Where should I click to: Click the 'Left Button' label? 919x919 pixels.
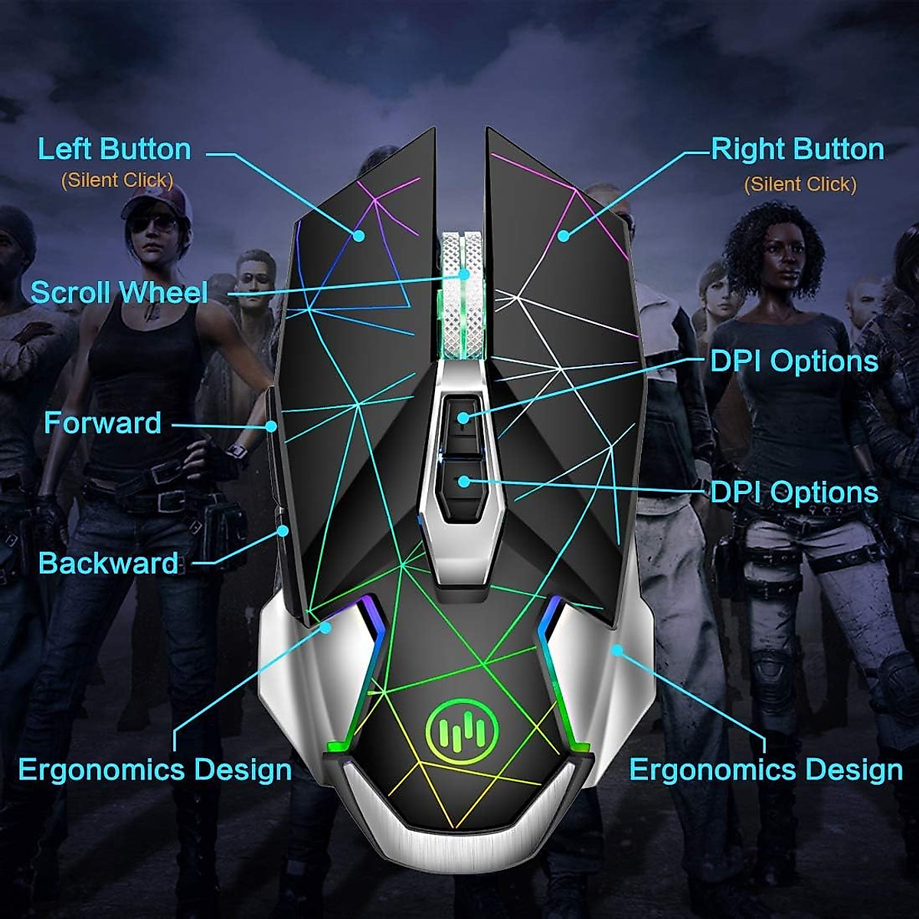coord(114,149)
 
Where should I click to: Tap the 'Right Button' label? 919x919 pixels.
coord(797,149)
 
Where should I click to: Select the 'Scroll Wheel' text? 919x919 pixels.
coord(119,293)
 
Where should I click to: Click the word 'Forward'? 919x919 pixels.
coord(103,424)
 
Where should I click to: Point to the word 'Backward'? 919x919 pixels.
coord(108,564)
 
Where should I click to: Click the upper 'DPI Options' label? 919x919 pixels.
coord(794,361)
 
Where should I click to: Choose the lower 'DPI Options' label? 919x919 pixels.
coord(794,492)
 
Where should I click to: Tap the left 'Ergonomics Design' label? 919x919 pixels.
coord(155,770)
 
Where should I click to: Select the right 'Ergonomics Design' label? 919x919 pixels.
coord(766,770)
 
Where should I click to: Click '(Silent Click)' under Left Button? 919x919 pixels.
coord(117,181)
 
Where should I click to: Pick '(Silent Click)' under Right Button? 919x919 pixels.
coord(800,185)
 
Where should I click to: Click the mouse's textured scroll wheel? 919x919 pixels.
coord(464,295)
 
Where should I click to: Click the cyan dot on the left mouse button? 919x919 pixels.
coord(358,235)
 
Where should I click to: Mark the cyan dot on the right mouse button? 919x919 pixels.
coord(564,235)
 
